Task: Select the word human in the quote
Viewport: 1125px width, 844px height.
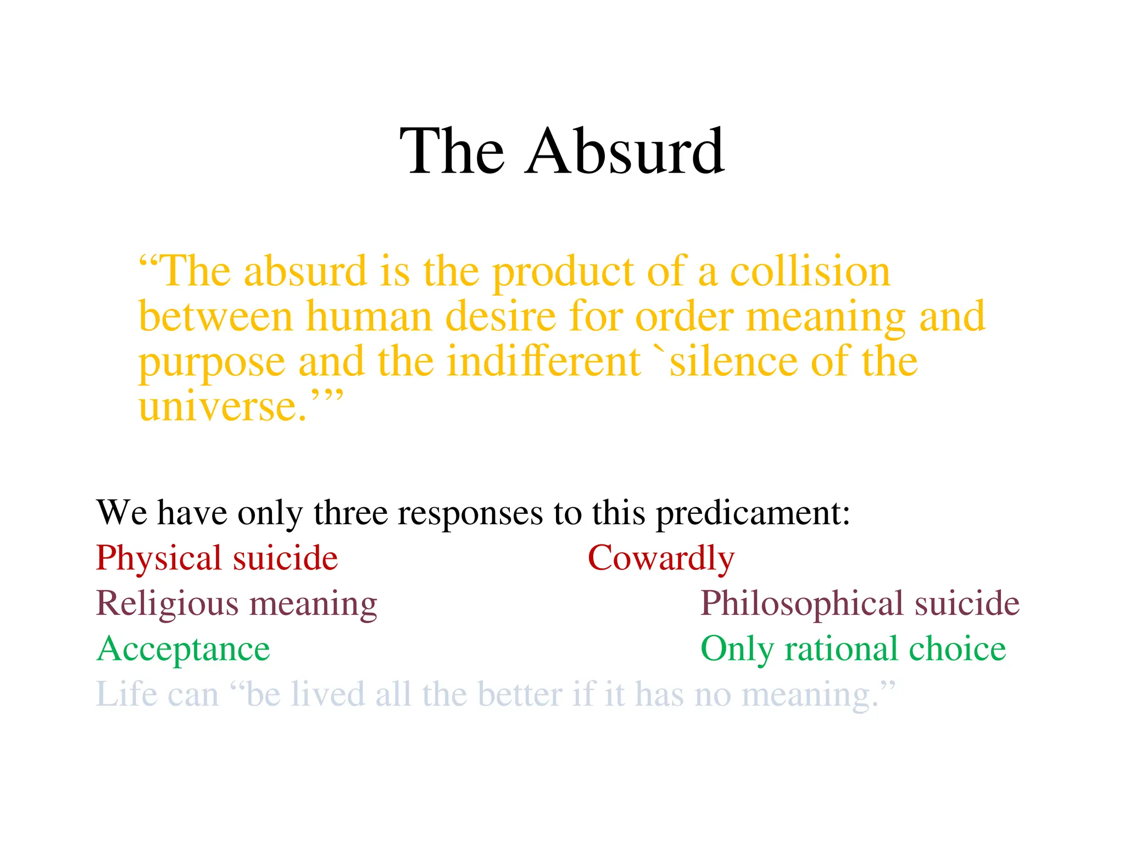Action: pos(369,317)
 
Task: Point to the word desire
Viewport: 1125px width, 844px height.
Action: pos(500,317)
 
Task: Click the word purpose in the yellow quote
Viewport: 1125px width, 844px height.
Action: pos(211,363)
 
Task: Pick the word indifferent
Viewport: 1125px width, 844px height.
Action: pos(543,362)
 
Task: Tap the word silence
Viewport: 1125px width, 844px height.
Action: pos(733,362)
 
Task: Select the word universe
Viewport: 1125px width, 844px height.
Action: pos(222,407)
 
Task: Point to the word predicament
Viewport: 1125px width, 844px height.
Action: pos(753,514)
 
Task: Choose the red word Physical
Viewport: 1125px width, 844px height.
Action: pos(158,559)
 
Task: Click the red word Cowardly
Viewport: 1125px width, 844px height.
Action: pos(661,559)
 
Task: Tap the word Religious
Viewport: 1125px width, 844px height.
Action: pos(166,604)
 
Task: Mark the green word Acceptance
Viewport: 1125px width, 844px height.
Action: pos(183,649)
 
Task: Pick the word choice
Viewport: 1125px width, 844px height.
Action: pos(957,649)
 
